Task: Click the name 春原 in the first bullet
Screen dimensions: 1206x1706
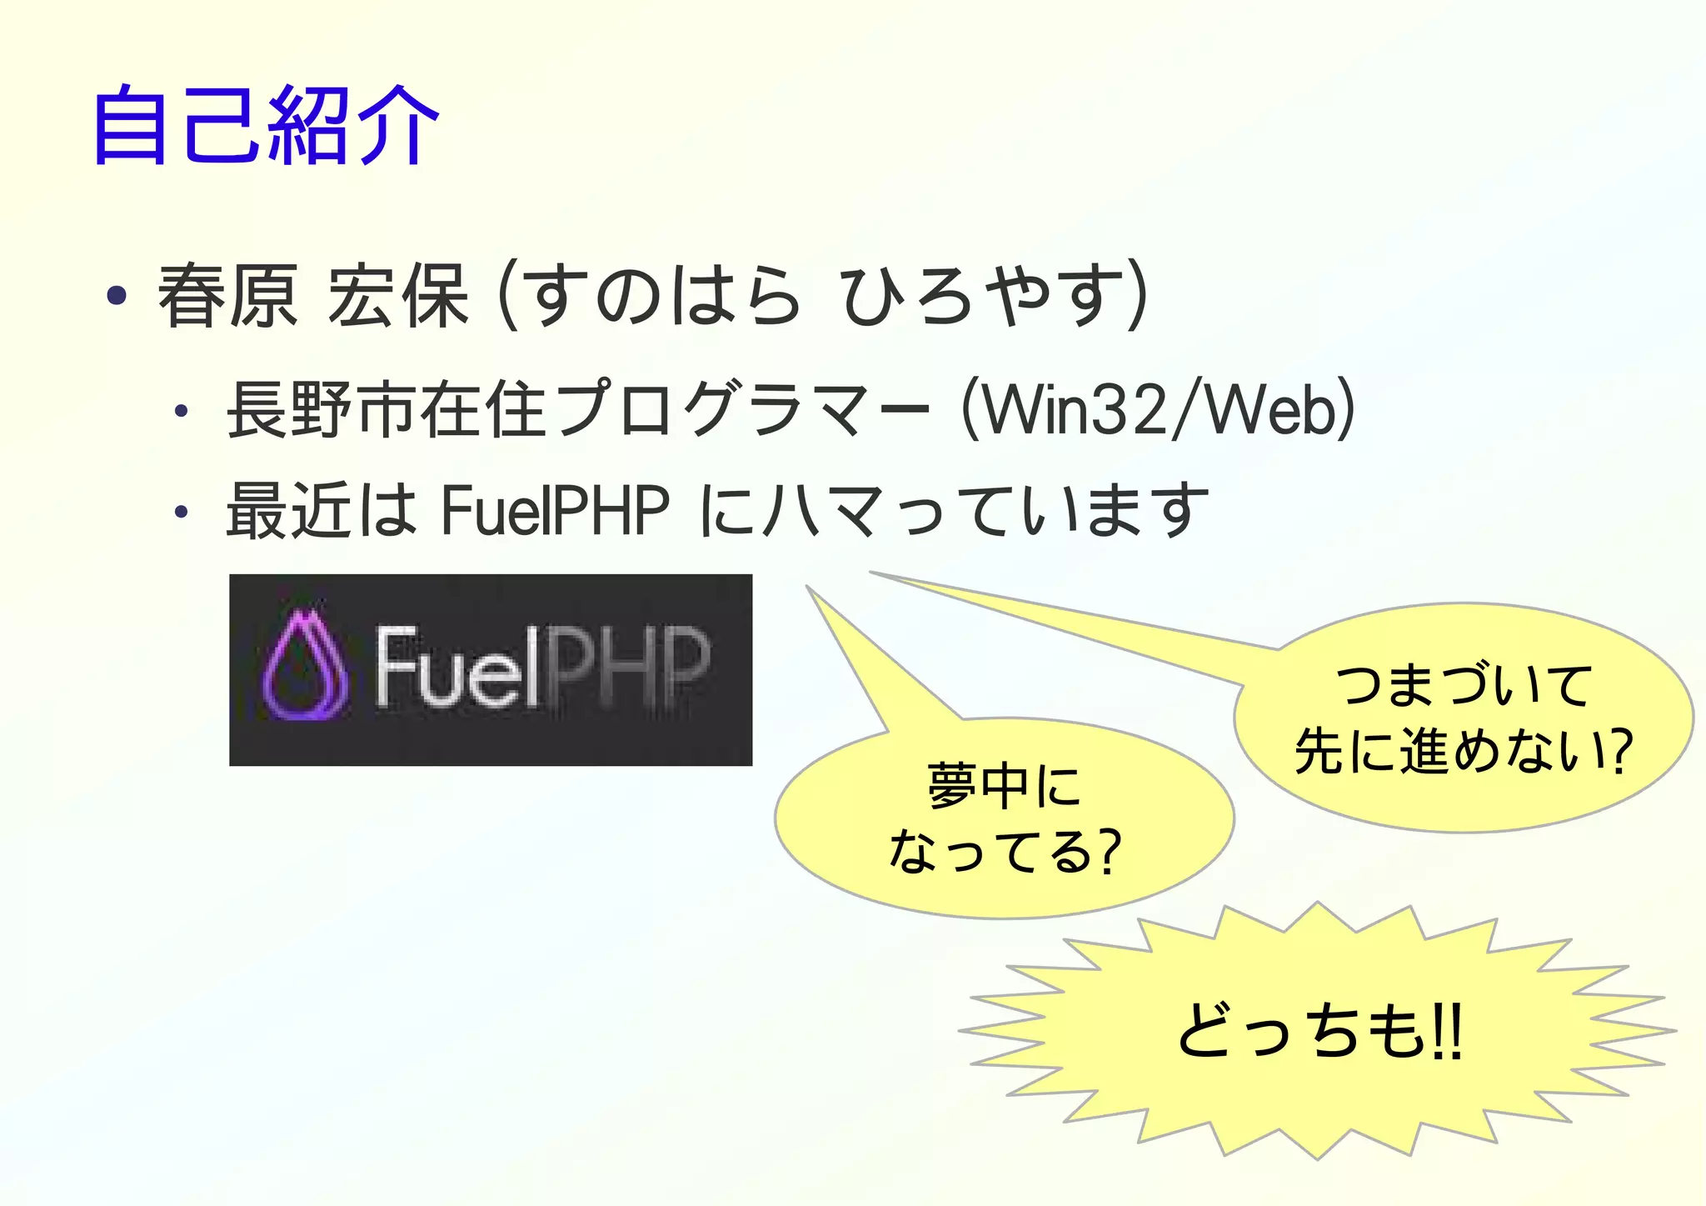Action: click(227, 296)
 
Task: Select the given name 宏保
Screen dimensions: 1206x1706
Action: click(398, 296)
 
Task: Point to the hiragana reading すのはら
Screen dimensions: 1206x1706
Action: click(658, 296)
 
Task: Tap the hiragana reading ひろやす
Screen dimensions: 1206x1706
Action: click(983, 296)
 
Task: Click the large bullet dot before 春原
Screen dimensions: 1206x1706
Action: click(117, 295)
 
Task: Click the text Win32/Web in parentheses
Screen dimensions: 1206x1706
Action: click(1158, 410)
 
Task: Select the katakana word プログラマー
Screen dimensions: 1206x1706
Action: click(741, 410)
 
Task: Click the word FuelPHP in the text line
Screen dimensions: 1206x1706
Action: click(555, 510)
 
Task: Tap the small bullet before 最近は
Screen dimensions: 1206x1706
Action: click(181, 512)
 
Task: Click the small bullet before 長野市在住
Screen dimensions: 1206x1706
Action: click(181, 411)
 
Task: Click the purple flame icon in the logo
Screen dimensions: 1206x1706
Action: click(304, 667)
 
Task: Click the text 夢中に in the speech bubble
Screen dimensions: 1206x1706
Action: click(1004, 786)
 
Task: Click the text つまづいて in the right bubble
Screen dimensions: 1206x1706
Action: click(1464, 685)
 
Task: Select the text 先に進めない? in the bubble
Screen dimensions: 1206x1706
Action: click(1464, 751)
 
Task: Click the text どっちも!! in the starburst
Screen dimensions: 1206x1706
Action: click(1319, 1032)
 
